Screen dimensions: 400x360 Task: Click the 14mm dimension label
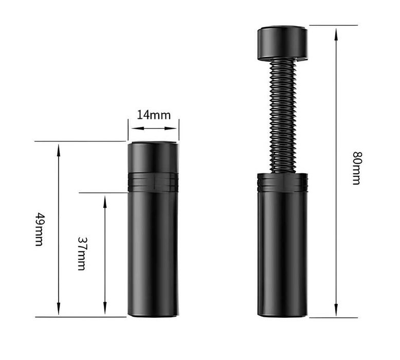pyautogui.click(x=154, y=115)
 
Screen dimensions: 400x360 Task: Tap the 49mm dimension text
pyautogui.click(x=39, y=229)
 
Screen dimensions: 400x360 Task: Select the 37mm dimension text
pyautogui.click(x=82, y=254)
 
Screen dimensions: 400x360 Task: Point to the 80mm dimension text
pyautogui.click(x=357, y=168)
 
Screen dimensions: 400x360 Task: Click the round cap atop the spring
pyautogui.click(x=282, y=43)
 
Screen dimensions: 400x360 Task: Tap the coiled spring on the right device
pyautogui.click(x=282, y=116)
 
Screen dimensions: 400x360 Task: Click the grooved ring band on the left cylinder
pyautogui.click(x=153, y=182)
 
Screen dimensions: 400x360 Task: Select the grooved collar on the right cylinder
pyautogui.click(x=282, y=183)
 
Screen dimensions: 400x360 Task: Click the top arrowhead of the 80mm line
pyautogui.click(x=336, y=34)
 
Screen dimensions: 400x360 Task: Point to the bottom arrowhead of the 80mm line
pyautogui.click(x=336, y=310)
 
